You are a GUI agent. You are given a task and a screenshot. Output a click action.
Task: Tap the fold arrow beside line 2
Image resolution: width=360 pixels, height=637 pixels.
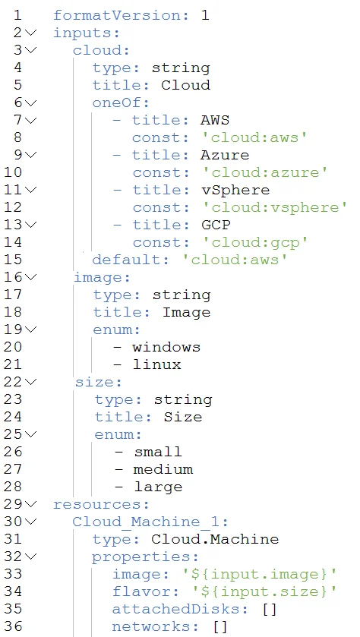[30, 33]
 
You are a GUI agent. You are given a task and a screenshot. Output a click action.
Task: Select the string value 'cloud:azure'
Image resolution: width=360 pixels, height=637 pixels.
[265, 172]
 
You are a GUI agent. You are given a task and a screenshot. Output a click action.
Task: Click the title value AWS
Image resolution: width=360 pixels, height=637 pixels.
[215, 120]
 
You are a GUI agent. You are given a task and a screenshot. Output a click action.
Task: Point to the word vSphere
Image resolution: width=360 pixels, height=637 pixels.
[235, 190]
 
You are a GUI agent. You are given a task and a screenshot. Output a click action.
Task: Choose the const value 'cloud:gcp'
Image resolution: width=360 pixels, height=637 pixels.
[255, 242]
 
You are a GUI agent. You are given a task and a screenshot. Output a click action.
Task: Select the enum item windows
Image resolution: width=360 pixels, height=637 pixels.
[166, 347]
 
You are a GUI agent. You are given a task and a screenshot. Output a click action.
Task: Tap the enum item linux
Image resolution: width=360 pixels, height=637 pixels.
[157, 364]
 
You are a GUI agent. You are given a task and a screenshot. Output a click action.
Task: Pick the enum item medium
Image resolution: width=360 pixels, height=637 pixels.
[163, 470]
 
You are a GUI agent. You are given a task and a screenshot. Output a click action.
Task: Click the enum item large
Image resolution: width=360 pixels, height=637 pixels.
[158, 487]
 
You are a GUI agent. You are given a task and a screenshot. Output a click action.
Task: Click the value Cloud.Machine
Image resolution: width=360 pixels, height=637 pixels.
[215, 539]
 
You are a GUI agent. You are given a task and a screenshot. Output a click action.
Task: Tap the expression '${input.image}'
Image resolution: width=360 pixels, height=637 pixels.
[259, 575]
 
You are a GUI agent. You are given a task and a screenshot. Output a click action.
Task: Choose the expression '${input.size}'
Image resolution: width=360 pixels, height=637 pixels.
[259, 592]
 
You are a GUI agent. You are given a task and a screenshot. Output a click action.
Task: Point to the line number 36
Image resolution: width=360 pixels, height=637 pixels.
[14, 627]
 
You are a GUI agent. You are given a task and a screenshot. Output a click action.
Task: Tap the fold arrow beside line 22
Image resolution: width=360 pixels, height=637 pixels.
[30, 382]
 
